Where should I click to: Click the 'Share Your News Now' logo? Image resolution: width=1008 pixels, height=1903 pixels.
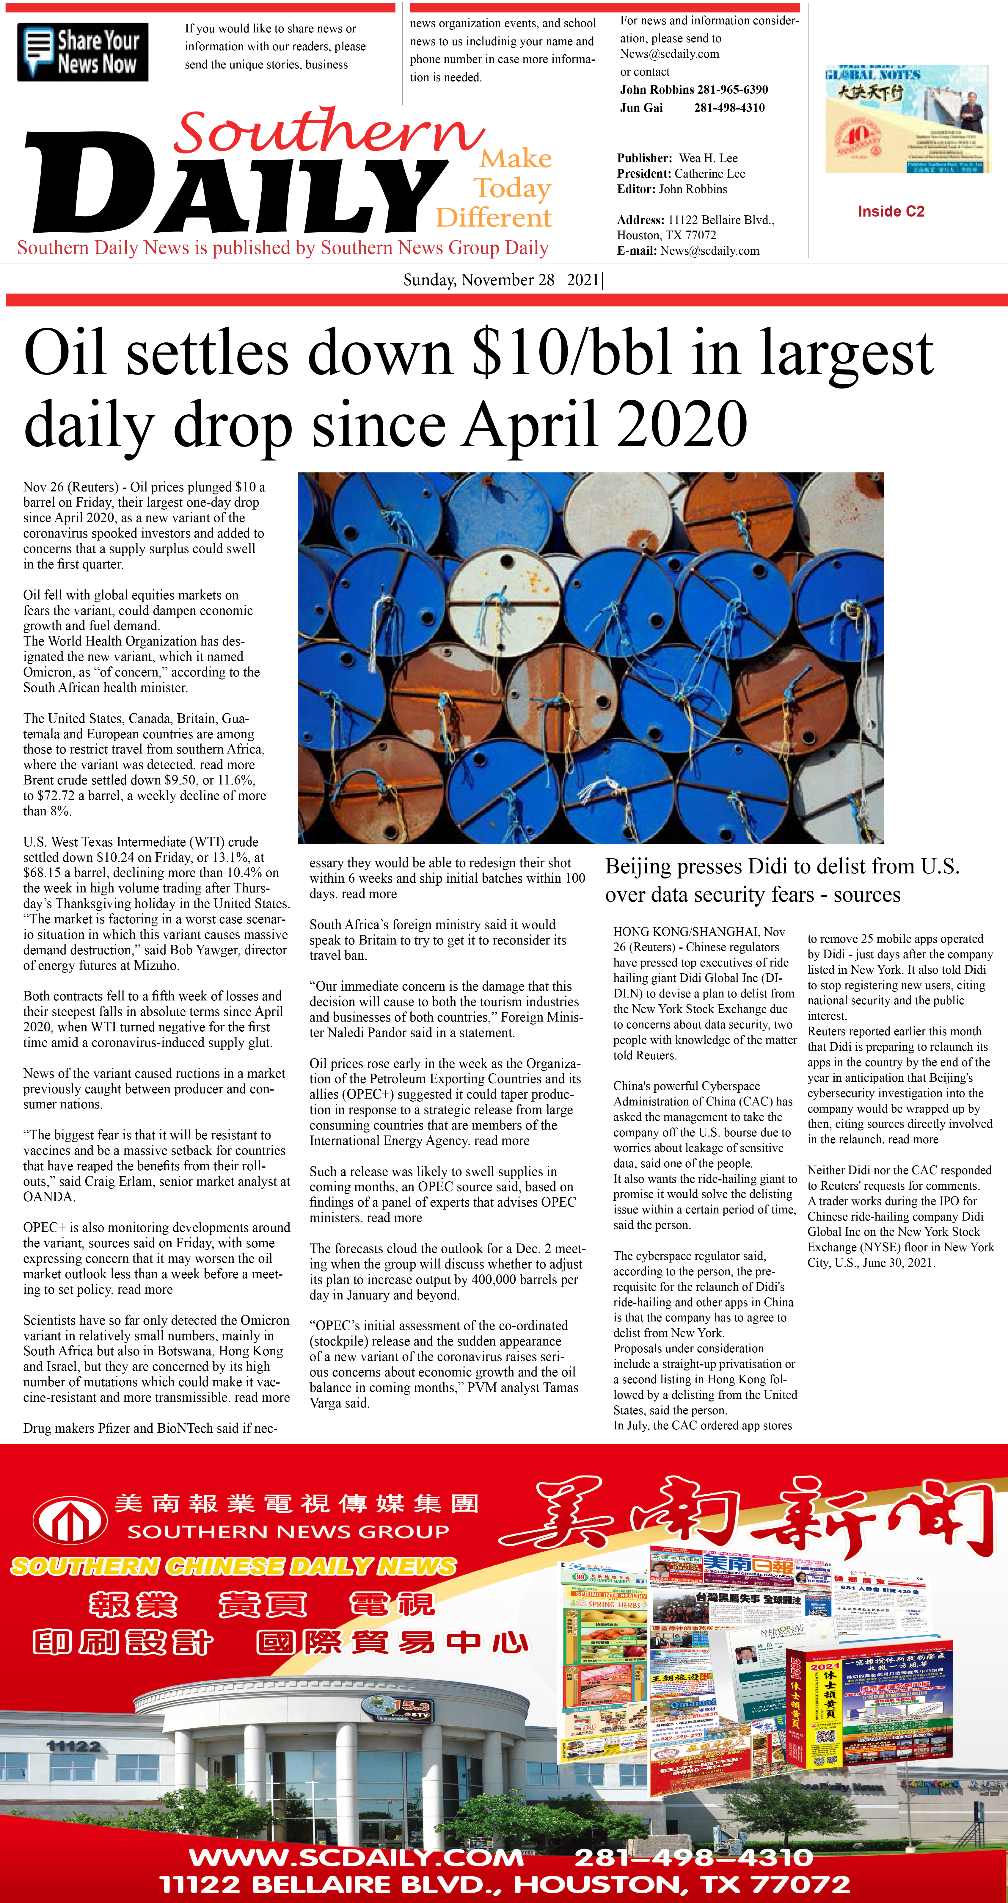83,52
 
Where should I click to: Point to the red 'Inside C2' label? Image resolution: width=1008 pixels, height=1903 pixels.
891,211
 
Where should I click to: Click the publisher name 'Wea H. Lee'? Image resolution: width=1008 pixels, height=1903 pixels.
708,158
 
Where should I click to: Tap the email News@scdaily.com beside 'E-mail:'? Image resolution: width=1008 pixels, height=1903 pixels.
710,250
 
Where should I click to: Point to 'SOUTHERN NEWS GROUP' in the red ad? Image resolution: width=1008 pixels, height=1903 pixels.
288,1531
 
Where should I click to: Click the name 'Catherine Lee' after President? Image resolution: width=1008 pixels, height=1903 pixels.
710,174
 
